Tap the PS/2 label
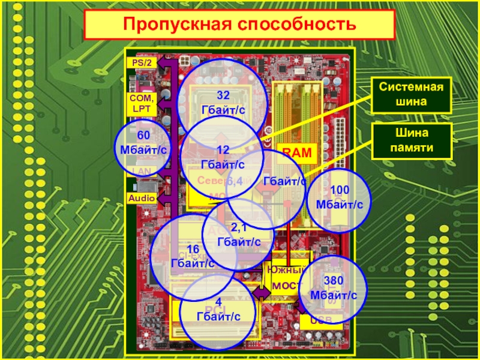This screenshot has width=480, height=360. point(139,62)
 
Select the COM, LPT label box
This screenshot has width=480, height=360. point(142,103)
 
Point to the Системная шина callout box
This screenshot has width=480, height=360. point(411,95)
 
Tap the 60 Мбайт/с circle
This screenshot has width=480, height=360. point(143,144)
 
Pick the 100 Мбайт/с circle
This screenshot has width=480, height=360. point(340,198)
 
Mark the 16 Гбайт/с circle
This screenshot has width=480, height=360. point(193,257)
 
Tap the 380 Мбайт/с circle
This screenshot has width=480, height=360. point(334,289)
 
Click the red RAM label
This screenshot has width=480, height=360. point(297,154)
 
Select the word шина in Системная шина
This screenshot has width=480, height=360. point(411,102)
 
